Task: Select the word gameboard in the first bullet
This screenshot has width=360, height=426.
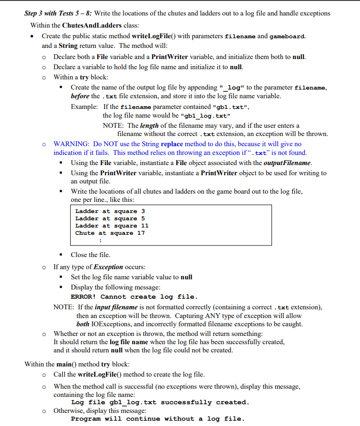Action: click(x=287, y=36)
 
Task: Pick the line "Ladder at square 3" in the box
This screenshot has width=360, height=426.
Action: click(x=110, y=211)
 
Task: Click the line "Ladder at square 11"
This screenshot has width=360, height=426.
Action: click(x=112, y=226)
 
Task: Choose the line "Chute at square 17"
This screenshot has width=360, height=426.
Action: click(x=110, y=233)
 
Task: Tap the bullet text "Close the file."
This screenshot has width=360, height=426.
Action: click(x=90, y=255)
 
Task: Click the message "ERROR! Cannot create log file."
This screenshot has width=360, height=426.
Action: click(x=134, y=297)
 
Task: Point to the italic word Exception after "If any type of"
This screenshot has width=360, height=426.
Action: click(x=108, y=267)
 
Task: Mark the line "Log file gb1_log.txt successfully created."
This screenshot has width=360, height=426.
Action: click(x=160, y=402)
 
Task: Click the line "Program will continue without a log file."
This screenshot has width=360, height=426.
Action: click(x=158, y=419)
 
